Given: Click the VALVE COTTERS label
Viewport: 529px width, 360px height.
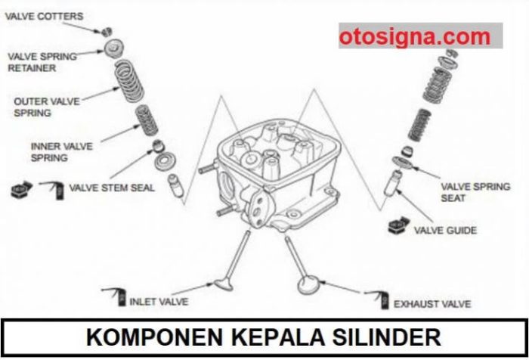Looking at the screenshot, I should (x=44, y=16).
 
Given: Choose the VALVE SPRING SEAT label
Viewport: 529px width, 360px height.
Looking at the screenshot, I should (x=475, y=192).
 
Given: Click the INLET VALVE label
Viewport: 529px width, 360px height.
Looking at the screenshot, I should (x=159, y=301).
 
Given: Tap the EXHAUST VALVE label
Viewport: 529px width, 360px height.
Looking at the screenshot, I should (x=432, y=304).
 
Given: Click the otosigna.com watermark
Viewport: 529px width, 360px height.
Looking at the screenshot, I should (x=414, y=36).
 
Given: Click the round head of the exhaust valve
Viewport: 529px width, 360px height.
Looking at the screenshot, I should (x=309, y=286).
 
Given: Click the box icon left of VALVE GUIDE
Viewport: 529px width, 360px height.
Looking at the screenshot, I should (x=398, y=227).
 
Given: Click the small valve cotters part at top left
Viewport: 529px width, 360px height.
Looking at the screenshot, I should (x=108, y=32).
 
